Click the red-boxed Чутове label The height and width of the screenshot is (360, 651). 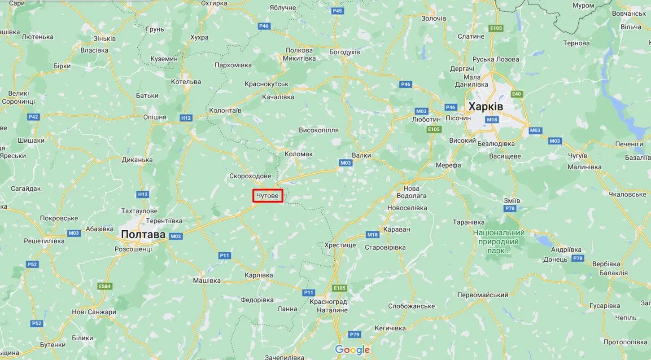267,196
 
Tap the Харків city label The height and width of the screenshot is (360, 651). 485,107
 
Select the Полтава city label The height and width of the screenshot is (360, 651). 143,235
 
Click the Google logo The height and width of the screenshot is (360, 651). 352,350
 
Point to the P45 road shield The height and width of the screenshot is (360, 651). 337,11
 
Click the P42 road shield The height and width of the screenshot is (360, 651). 33,117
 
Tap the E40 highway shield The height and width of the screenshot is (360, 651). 517,94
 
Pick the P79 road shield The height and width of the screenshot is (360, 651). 355,334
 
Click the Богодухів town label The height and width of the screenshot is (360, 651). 345,52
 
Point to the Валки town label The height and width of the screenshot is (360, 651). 361,155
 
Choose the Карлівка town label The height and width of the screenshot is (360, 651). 259,275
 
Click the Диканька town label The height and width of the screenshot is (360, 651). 137,160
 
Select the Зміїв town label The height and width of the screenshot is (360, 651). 512,200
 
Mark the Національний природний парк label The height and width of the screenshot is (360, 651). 498,241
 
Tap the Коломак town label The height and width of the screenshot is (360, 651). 298,154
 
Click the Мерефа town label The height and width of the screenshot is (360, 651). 448,165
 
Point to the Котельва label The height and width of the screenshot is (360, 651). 186,82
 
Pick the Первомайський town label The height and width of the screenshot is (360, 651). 482,295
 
